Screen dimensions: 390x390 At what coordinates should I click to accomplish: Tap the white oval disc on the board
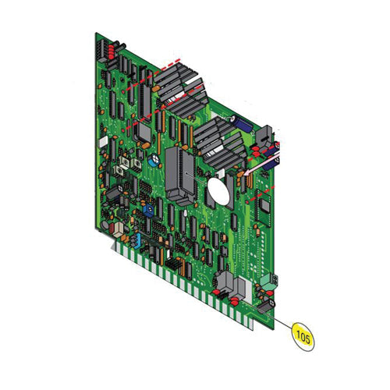(218, 189)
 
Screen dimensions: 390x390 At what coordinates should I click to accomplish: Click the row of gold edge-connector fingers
(187, 285)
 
